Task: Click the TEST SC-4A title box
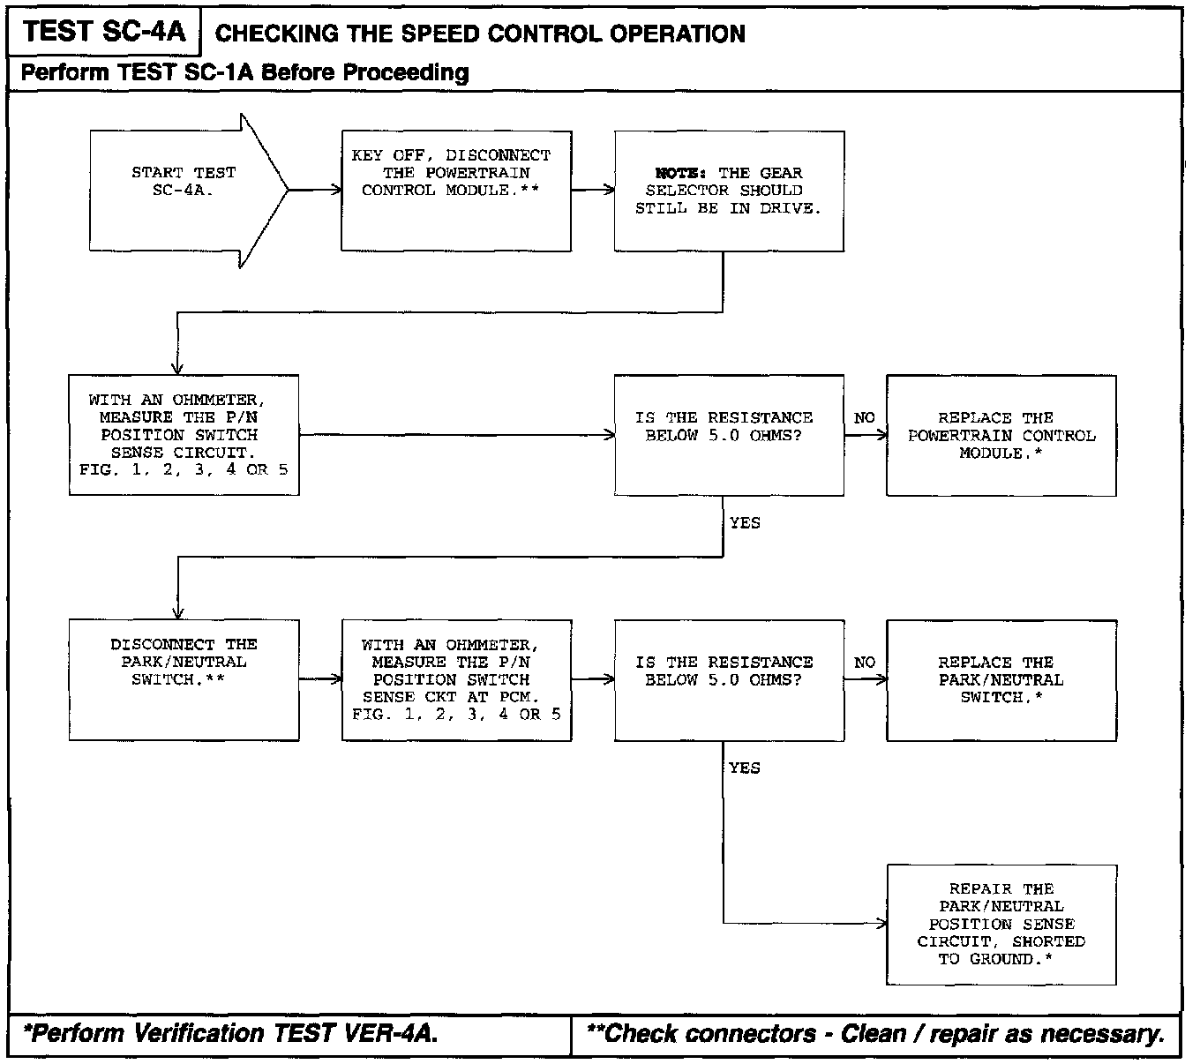pos(104,33)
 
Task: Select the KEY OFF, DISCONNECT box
pos(456,191)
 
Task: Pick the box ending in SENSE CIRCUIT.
pos(184,434)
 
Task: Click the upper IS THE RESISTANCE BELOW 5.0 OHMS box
pos(729,434)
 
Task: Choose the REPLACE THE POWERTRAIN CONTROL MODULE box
pos(1001,435)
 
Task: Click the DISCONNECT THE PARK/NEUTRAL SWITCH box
pos(184,679)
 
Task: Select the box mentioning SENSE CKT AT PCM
pos(456,679)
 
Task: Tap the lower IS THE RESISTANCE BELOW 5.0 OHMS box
pos(729,679)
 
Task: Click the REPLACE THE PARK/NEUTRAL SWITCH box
pos(1001,679)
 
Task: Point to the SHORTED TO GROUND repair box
pos(1001,924)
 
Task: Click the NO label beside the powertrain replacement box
pos(865,417)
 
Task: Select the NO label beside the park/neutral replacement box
pos(865,662)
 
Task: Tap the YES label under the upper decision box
pos(745,523)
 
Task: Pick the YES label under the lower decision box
pos(745,768)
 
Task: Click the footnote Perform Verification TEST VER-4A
pos(231,1034)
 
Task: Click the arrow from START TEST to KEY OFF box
pos(315,190)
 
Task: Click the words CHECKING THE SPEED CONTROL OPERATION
pos(480,34)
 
